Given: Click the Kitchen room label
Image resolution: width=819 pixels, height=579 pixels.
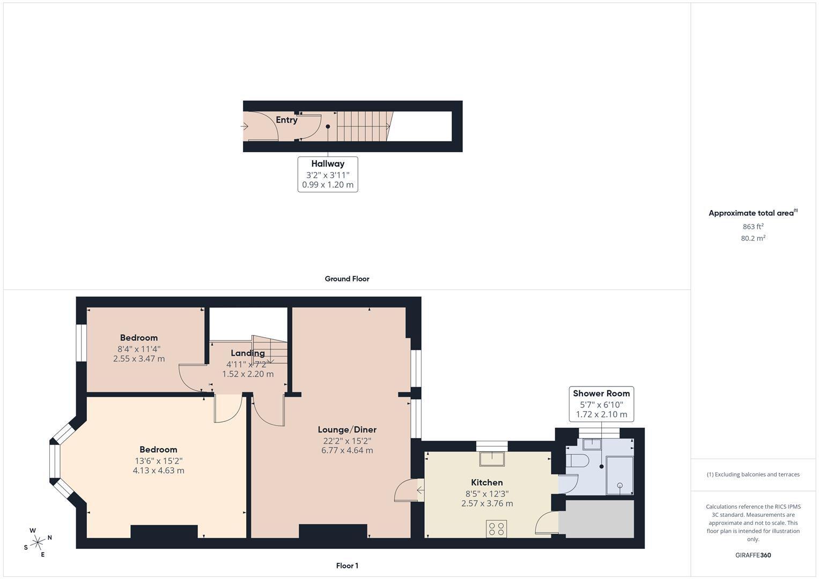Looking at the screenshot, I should tap(486, 482).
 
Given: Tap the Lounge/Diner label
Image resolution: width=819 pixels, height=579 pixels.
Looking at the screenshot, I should tap(347, 429).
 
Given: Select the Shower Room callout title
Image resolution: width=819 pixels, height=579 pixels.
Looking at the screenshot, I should tap(601, 394).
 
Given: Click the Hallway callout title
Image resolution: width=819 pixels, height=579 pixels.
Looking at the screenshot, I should tap(327, 164).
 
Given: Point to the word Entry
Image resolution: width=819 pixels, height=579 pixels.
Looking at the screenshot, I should tap(286, 120).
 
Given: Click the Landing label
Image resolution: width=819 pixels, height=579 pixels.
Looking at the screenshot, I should tap(247, 353).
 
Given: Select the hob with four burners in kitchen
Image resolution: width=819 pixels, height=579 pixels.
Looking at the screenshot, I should tap(496, 529).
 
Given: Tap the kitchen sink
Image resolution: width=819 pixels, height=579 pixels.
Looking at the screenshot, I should tap(492, 459).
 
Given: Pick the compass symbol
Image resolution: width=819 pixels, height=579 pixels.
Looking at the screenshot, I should tap(38, 543).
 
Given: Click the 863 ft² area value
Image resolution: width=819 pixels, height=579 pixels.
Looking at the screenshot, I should tap(752, 227).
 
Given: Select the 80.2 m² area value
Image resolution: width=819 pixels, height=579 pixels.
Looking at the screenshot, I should tap(752, 239).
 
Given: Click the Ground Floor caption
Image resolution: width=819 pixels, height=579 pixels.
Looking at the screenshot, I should tap(346, 279).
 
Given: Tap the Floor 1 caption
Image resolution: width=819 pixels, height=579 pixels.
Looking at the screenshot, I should tap(346, 566).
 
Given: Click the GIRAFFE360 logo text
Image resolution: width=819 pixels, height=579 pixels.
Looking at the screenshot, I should tap(752, 555).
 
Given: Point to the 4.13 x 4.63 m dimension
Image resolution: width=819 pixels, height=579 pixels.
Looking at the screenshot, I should tap(158, 471).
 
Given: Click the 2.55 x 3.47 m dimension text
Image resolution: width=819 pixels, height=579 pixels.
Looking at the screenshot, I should tap(138, 359).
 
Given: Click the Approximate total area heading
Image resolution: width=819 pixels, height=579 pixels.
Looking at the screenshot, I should tap(751, 213).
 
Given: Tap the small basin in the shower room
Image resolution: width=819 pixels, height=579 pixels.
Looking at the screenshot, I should tap(592, 443).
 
